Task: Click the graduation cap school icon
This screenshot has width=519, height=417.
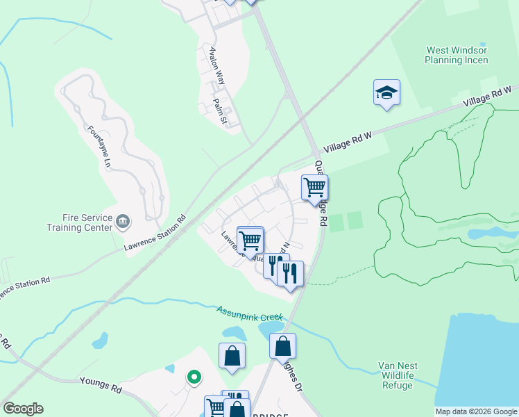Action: point(386,92)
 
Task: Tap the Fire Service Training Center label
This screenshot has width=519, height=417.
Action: point(79,222)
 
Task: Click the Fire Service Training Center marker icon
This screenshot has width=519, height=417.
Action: point(123,222)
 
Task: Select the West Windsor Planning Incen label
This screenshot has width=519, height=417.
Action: point(457,55)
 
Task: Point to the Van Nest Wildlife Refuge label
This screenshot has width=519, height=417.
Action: point(397,375)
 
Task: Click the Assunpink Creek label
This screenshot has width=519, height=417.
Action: point(249,313)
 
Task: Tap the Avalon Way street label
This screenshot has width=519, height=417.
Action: point(217,65)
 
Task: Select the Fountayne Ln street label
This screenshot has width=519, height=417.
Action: point(99,146)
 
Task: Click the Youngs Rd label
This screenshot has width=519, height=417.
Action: point(101,385)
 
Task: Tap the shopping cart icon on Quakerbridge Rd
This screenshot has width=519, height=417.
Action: point(314,188)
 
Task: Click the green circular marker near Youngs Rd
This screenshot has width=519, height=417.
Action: point(194,377)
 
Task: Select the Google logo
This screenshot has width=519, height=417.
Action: point(23,409)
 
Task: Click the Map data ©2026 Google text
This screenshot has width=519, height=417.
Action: point(475,411)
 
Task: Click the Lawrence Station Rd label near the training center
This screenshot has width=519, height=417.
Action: point(155,232)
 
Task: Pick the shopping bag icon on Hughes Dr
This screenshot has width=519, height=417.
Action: point(282,346)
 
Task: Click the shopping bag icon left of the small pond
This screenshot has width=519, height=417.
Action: point(232,356)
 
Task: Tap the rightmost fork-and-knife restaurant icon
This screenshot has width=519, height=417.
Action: point(290,273)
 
